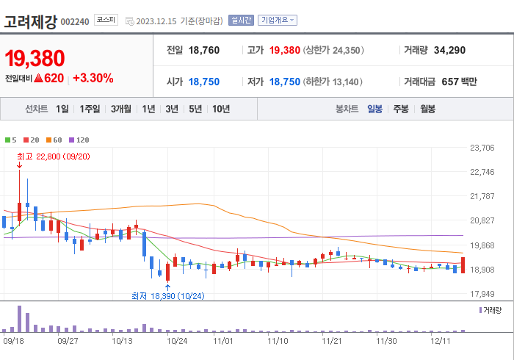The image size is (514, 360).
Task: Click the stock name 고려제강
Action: (30, 21)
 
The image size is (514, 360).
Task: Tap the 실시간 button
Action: (241, 21)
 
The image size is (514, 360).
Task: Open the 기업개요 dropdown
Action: (278, 21)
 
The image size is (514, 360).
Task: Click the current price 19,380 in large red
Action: (35, 59)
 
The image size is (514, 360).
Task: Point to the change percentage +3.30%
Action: (93, 78)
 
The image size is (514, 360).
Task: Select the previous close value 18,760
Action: (204, 50)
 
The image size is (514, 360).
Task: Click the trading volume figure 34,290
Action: (449, 50)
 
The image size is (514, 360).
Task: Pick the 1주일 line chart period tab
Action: (90, 109)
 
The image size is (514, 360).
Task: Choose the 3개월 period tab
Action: (121, 109)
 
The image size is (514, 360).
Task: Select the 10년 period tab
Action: (220, 109)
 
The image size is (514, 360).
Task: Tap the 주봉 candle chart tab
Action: (401, 109)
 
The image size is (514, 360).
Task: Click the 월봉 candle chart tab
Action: (427, 109)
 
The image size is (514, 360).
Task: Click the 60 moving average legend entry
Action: (54, 140)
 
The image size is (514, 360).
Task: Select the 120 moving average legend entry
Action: (79, 140)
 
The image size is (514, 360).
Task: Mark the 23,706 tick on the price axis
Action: (482, 148)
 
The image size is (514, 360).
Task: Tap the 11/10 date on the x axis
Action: (277, 340)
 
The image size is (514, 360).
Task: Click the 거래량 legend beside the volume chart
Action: (491, 311)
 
